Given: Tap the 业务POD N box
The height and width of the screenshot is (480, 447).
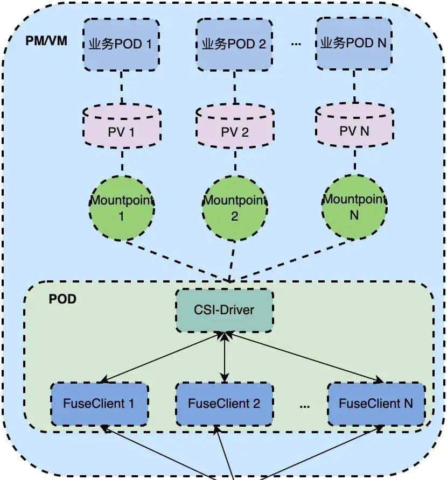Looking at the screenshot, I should (x=353, y=43).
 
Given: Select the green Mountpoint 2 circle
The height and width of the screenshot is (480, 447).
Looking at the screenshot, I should (x=234, y=208).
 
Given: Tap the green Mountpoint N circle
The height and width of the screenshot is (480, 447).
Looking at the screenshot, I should (x=354, y=207).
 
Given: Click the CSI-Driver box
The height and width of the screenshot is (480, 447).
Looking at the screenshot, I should (x=224, y=310).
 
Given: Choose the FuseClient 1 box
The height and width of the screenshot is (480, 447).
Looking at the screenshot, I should (x=100, y=403).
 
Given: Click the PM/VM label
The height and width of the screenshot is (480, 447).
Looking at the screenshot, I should (x=46, y=41).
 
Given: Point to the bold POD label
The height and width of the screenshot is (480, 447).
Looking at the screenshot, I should (x=62, y=299).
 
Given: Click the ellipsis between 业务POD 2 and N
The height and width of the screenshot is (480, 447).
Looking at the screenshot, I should (x=296, y=44).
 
